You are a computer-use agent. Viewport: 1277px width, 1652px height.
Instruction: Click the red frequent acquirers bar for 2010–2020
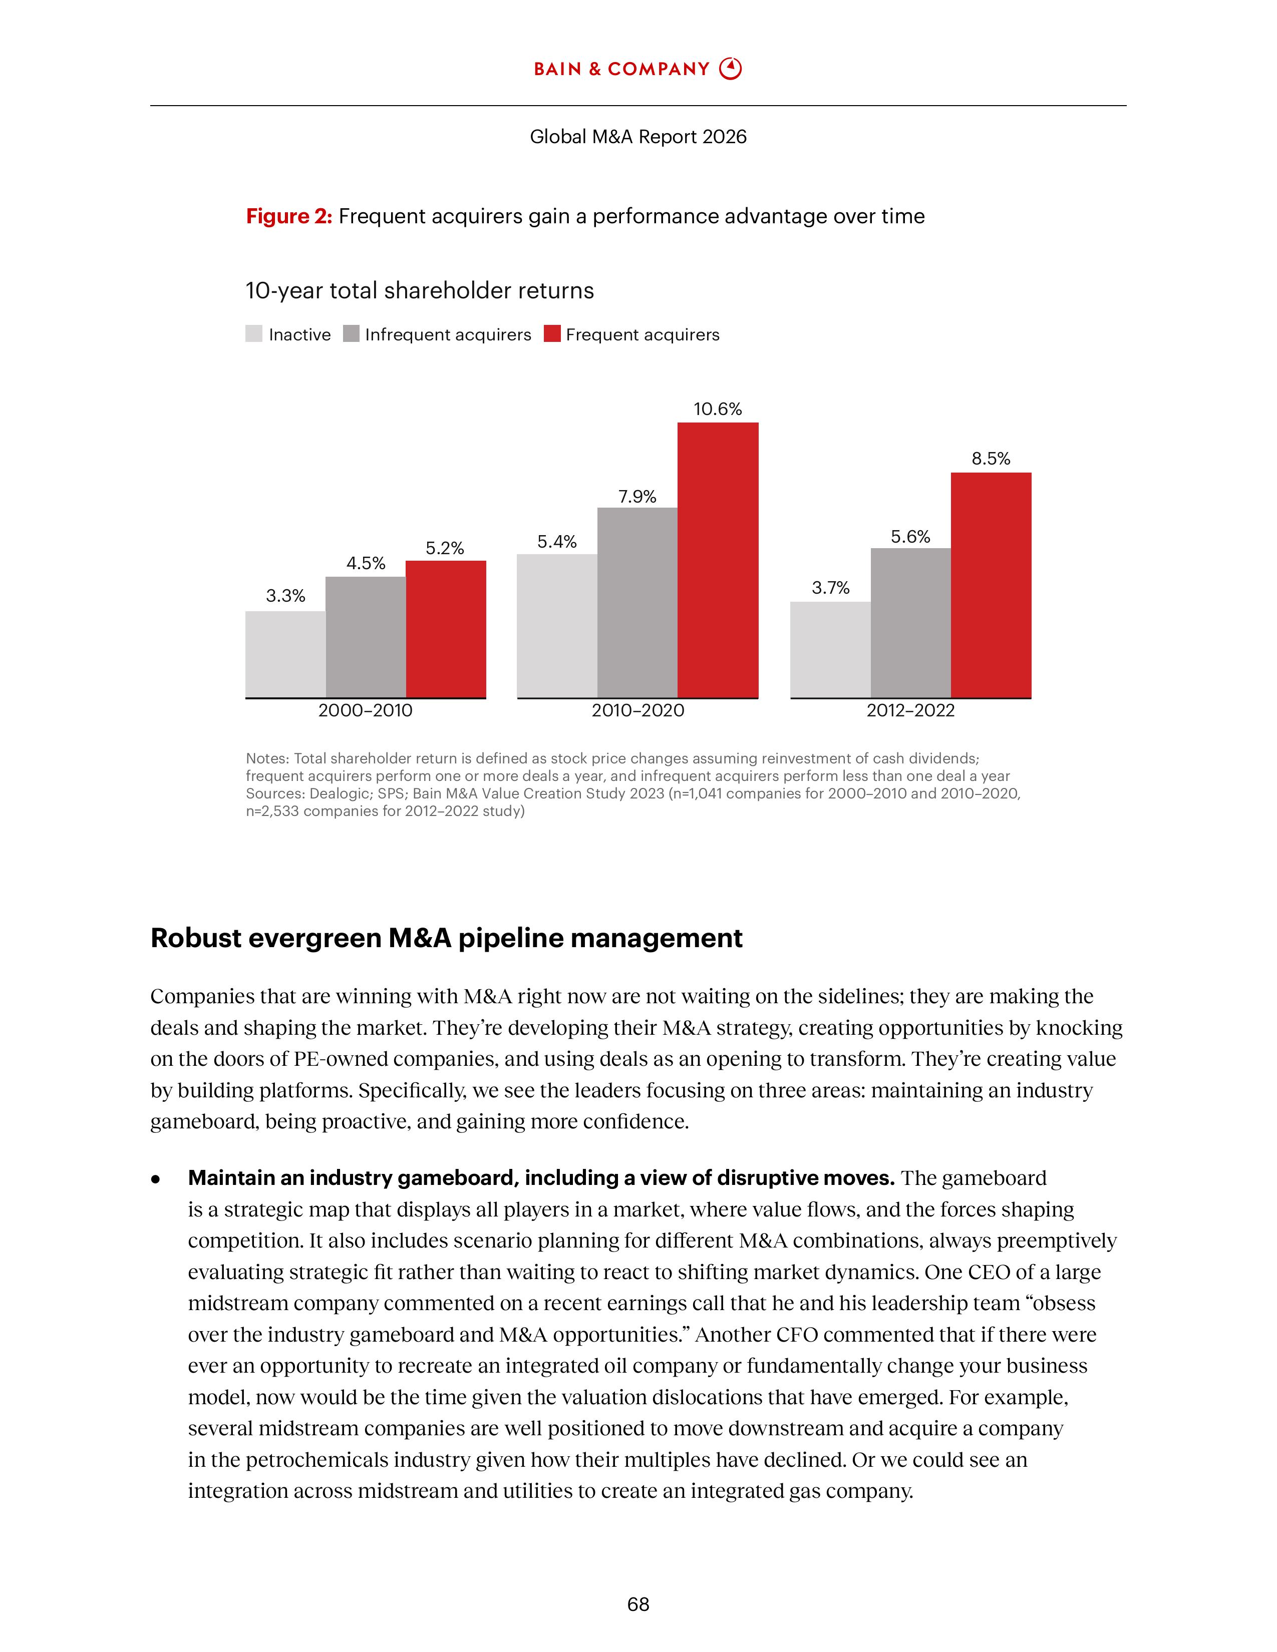click(x=717, y=560)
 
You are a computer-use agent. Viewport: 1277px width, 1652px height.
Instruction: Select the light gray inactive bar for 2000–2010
click(x=285, y=654)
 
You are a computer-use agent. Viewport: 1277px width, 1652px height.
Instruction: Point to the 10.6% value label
click(x=717, y=409)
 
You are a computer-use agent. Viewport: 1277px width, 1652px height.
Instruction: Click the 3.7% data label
click(x=830, y=588)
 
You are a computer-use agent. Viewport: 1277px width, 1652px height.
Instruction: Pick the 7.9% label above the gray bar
click(x=637, y=497)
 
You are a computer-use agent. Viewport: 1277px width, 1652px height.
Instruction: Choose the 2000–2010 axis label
click(x=366, y=710)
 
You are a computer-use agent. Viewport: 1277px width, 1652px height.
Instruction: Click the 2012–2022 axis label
click(x=910, y=710)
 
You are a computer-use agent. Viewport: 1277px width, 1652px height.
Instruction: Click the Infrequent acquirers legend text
click(x=448, y=334)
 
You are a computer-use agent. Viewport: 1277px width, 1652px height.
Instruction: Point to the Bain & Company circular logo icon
click(x=730, y=69)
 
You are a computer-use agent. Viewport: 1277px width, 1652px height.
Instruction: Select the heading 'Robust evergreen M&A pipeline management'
click(x=446, y=938)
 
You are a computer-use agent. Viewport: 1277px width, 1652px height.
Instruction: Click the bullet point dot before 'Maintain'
click(x=156, y=1178)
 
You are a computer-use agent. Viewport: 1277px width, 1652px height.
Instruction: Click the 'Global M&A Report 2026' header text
click(x=637, y=137)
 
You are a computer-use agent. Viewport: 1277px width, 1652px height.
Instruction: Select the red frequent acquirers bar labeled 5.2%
click(x=446, y=629)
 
